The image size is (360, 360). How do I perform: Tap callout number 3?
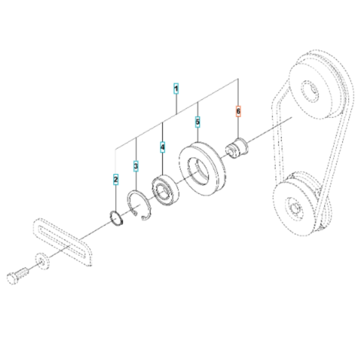[x=136, y=166]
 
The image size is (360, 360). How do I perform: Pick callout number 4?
[x=163, y=148]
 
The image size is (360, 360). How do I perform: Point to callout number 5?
[x=197, y=121]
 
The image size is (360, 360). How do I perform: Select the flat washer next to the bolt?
[x=42, y=262]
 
